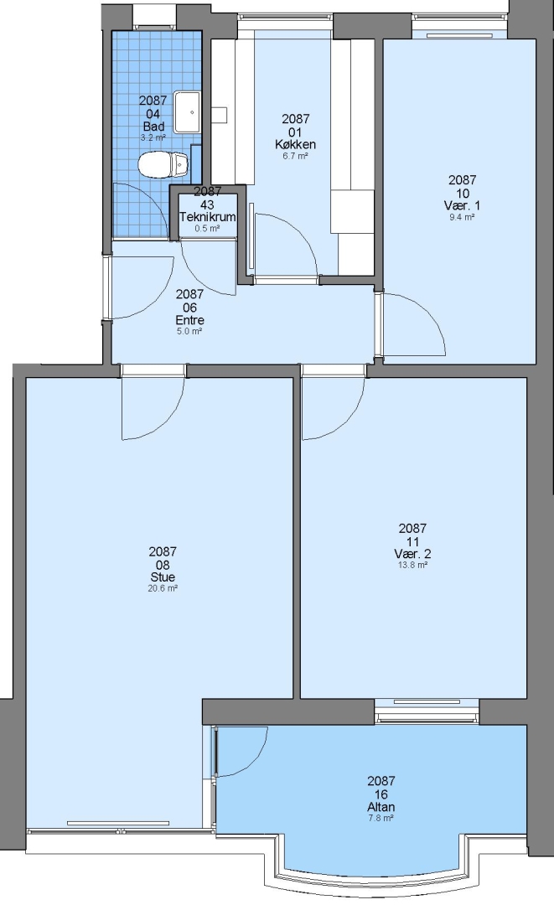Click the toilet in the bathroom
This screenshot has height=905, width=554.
pos(164,164)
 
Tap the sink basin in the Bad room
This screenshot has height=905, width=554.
pos(187,111)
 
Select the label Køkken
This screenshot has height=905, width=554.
pos(296,144)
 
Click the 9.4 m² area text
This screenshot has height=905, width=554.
pos(463,218)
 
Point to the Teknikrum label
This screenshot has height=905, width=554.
pos(207,217)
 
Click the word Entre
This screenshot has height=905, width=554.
pos(190,320)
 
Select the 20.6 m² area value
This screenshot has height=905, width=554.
pos(163,589)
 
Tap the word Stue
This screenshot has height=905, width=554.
pos(163,577)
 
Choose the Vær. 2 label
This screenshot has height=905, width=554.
pos(412,554)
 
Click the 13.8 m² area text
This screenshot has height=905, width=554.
pos(412,566)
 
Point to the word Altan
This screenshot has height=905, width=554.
pos(381,807)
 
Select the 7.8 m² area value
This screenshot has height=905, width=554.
pos(381,819)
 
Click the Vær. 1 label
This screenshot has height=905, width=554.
pos(463,205)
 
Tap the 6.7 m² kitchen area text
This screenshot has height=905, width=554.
pos(296,156)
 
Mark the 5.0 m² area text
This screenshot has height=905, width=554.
pos(190,331)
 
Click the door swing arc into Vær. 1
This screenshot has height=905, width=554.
pos(428,311)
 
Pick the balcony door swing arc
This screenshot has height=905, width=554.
pos(254,761)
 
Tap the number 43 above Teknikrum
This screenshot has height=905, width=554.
pos(207,204)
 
